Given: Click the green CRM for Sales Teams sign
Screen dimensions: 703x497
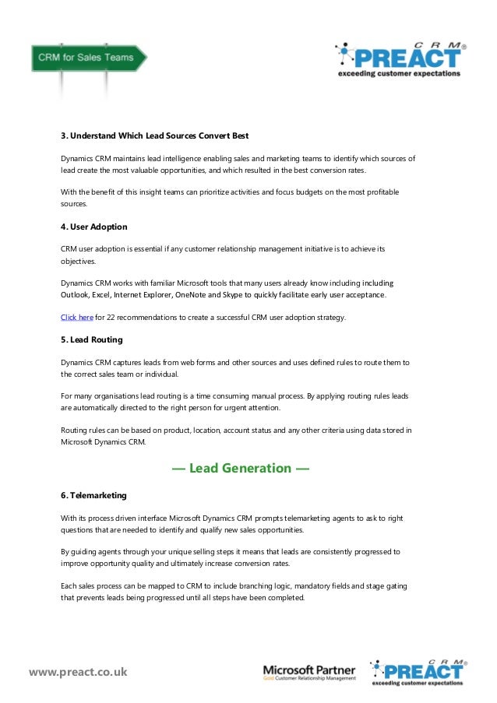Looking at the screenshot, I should pyautogui.click(x=86, y=58).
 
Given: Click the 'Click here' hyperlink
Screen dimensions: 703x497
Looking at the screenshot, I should pyautogui.click(x=77, y=317).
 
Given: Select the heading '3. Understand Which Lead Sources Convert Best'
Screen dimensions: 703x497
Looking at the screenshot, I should pyautogui.click(x=155, y=135).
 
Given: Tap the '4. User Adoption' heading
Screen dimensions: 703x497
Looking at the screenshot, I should pyautogui.click(x=94, y=227).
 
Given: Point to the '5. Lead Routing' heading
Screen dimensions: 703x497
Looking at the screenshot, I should pyautogui.click(x=92, y=339).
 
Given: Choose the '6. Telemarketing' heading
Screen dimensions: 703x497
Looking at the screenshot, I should pyautogui.click(x=93, y=495).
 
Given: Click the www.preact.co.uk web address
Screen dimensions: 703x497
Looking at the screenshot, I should pyautogui.click(x=78, y=671).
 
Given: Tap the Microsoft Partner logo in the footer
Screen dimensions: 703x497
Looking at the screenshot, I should pyautogui.click(x=308, y=672).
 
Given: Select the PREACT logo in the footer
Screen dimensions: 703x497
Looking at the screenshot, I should pyautogui.click(x=418, y=671).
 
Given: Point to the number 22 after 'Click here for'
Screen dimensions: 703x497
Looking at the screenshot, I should pyautogui.click(x=100, y=317).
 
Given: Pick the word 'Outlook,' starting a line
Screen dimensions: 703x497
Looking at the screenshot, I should pyautogui.click(x=77, y=295).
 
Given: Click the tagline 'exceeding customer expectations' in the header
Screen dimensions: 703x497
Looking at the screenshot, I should pyautogui.click(x=400, y=75).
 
